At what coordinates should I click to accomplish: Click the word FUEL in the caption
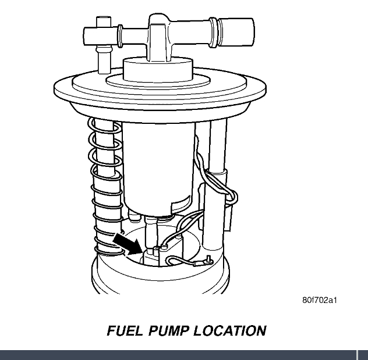(x=125, y=331)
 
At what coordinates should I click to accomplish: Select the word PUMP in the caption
(x=168, y=331)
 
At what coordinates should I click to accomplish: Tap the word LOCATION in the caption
(x=230, y=331)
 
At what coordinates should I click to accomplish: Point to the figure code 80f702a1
(x=320, y=300)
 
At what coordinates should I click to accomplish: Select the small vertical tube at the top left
(x=104, y=45)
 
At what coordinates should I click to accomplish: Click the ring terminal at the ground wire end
(x=208, y=260)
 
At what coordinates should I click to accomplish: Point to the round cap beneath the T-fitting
(x=158, y=69)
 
